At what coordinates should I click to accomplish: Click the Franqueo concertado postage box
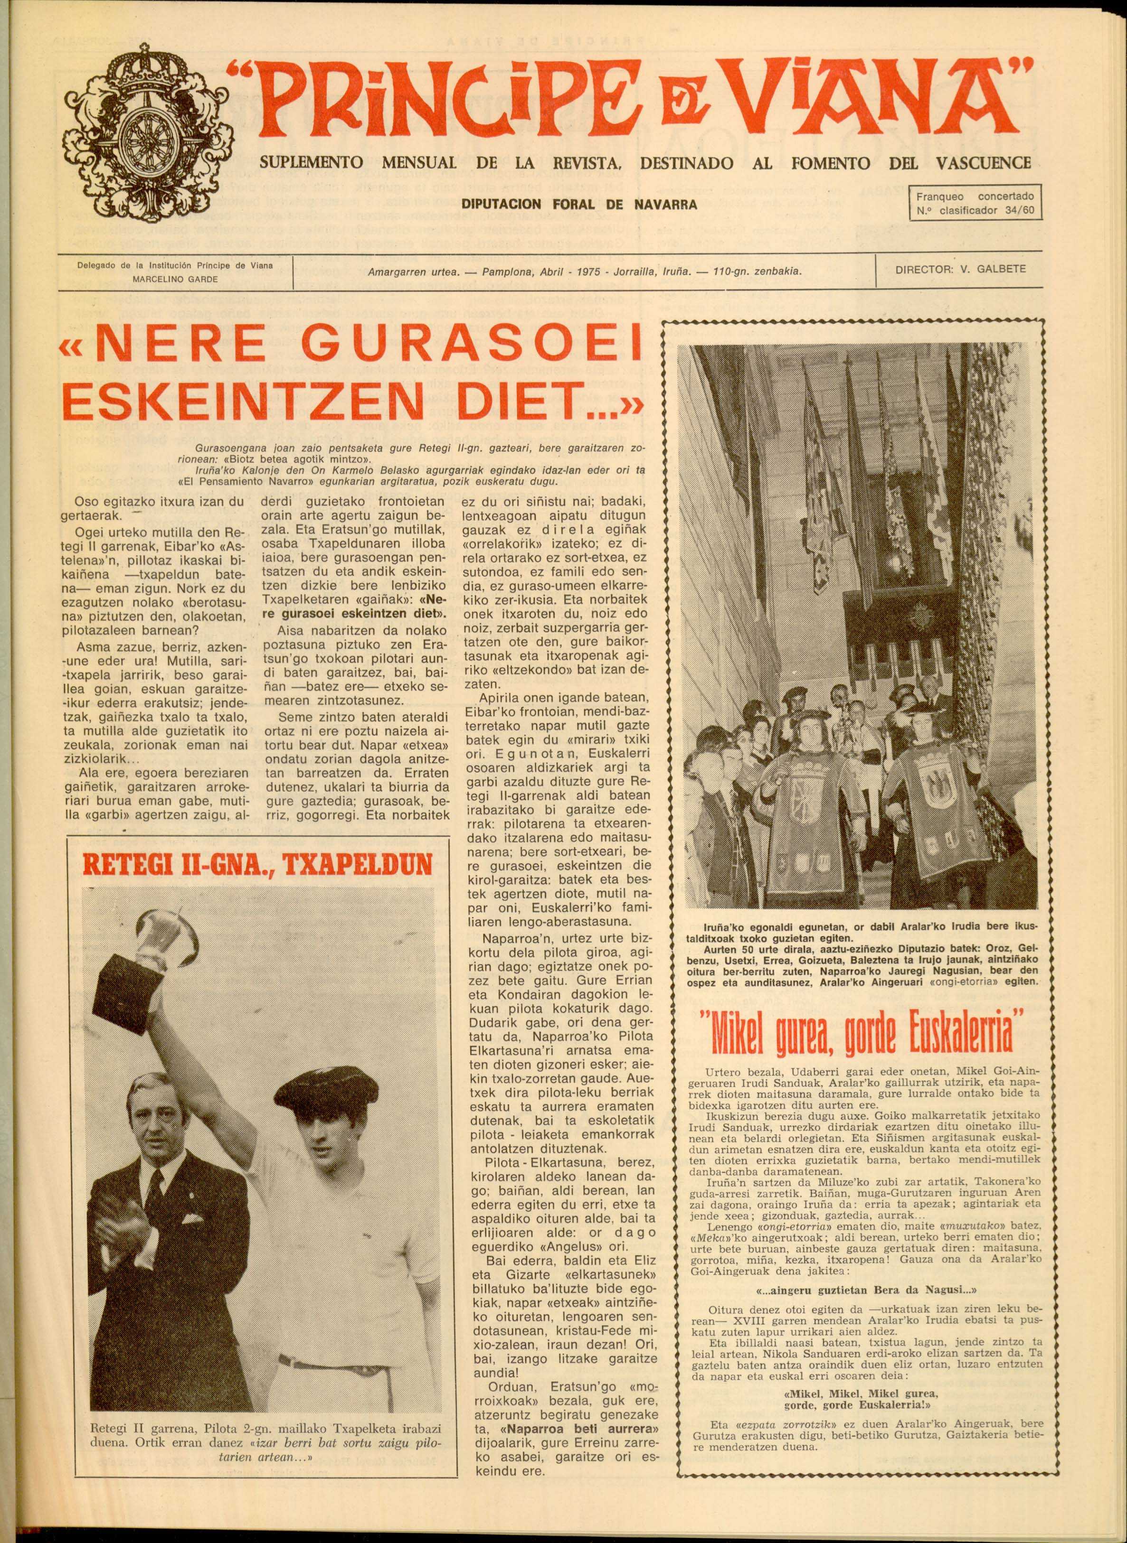click(975, 203)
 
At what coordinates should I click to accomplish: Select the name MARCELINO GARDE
click(175, 279)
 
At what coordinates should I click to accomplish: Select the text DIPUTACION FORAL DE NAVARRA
click(578, 204)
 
